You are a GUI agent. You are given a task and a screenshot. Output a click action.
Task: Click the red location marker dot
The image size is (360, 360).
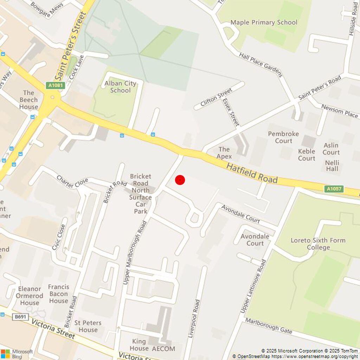coord(180,180)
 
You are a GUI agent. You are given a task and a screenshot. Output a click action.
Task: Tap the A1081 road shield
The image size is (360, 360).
coord(55,85)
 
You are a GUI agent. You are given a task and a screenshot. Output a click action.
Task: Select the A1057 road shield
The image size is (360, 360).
coord(333,189)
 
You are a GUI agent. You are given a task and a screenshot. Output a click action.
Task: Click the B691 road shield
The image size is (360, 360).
coord(20,317)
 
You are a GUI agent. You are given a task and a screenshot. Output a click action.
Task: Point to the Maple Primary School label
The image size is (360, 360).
coord(264,22)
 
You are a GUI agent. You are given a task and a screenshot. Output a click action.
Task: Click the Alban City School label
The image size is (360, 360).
coord(120,87)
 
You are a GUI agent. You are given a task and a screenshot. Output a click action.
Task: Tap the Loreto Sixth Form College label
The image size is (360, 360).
coord(318,244)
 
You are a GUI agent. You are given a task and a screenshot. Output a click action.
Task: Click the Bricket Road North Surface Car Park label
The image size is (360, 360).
coord(140,193)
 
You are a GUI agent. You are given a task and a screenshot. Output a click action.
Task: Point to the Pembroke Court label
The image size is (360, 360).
coord(283,137)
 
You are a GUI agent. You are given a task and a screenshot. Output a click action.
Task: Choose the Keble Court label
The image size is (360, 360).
coord(307,155)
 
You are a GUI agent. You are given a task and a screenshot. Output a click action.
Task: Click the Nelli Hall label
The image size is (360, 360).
coord(332,166)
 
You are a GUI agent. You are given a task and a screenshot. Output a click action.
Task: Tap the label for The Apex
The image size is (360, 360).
coord(224,153)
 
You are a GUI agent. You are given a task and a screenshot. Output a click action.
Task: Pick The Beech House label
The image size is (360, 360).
coord(28,99)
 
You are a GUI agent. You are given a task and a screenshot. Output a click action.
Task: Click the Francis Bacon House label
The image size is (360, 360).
coord(58,294)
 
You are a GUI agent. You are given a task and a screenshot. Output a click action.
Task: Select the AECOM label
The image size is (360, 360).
coord(163,349)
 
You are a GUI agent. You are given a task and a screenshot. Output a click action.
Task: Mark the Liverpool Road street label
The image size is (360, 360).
coord(194,319)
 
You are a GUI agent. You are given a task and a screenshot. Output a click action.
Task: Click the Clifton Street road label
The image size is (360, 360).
coord(216,98)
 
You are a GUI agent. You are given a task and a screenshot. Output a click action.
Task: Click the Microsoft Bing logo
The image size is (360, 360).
coord(17,354)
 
